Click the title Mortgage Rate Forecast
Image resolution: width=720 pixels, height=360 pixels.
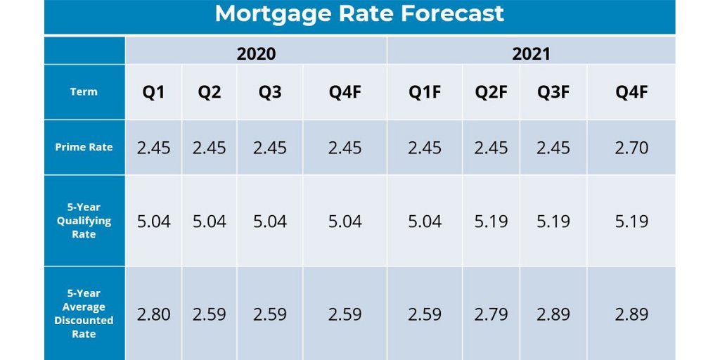pyautogui.click(x=359, y=14)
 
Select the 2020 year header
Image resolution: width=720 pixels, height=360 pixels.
pyautogui.click(x=256, y=53)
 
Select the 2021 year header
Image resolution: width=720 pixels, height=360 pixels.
pyautogui.click(x=531, y=53)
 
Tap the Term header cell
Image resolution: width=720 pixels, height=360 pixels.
pyautogui.click(x=84, y=91)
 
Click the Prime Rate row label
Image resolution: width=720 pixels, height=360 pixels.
pyautogui.click(x=84, y=148)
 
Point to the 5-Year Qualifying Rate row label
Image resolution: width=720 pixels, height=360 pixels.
pyautogui.click(x=84, y=221)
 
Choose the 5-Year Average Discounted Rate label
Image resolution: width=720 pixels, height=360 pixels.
pyautogui.click(x=84, y=314)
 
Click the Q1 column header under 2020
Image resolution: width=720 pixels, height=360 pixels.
pyautogui.click(x=153, y=92)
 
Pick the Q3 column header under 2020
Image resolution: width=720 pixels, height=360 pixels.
pyautogui.click(x=270, y=92)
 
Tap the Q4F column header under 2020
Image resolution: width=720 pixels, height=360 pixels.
pyautogui.click(x=345, y=92)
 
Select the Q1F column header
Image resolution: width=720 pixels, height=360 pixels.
pyautogui.click(x=425, y=92)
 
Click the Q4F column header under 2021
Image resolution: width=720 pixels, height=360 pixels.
pyautogui.click(x=631, y=92)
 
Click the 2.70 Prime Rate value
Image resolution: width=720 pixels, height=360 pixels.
pyautogui.click(x=631, y=148)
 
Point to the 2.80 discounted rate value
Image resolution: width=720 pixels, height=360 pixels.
pyautogui.click(x=153, y=314)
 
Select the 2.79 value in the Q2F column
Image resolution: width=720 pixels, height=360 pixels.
pyautogui.click(x=491, y=314)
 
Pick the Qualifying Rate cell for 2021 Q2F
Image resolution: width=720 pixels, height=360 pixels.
pyautogui.click(x=491, y=221)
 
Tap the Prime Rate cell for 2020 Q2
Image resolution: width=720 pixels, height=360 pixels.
pyautogui.click(x=210, y=148)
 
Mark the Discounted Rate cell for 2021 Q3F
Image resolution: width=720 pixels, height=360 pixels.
pyautogui.click(x=553, y=314)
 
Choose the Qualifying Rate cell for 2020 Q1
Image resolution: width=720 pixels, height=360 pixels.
pyautogui.click(x=153, y=221)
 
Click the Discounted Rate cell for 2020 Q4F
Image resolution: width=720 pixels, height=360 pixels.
pyautogui.click(x=345, y=314)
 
